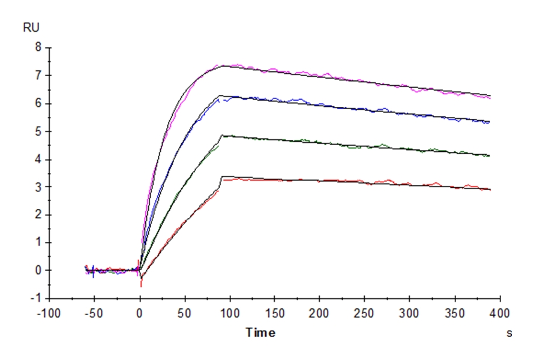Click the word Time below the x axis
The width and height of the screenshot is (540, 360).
point(261,332)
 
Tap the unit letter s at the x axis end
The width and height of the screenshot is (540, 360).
point(509,332)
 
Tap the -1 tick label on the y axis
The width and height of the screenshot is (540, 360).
point(35,298)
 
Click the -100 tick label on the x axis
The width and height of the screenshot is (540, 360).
point(49,313)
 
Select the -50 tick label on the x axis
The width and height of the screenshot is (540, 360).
point(94,313)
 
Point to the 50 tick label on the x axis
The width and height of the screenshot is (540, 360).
point(185,313)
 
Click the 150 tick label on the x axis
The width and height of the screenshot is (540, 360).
point(274,313)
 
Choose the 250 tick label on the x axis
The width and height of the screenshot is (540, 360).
point(364,313)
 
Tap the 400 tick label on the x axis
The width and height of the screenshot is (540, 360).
point(499,313)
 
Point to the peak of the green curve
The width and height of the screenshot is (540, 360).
point(223,136)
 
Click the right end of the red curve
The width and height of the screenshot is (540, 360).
point(490,190)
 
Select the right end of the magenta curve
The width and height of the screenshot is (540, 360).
point(490,97)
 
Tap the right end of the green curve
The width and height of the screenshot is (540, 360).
point(490,156)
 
